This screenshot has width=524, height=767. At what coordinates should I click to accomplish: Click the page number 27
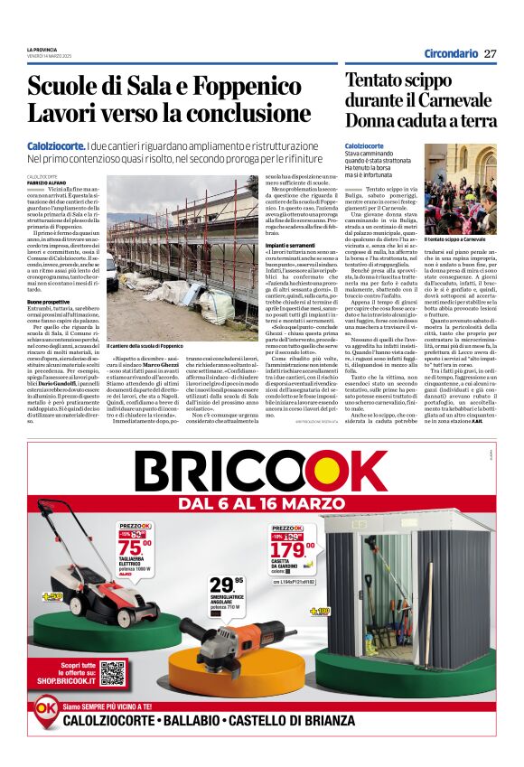pyautogui.click(x=491, y=53)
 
